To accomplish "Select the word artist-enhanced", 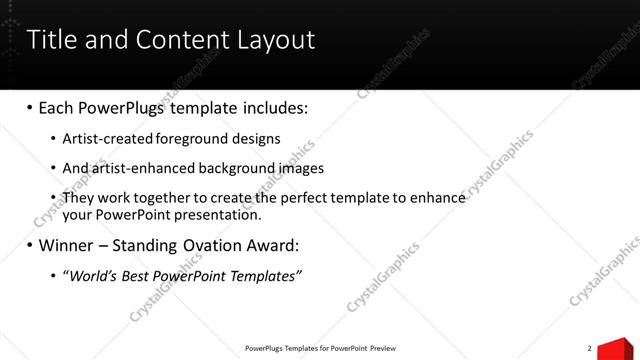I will pos(133,168).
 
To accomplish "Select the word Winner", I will pos(68,246).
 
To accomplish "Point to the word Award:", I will pos(270,246).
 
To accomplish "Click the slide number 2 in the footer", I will pos(590,348).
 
